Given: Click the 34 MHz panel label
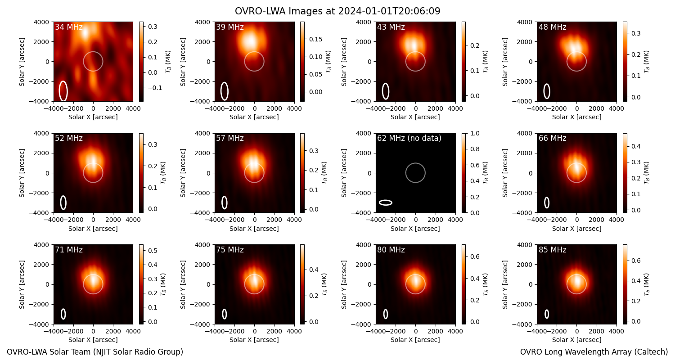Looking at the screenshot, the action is pos(69,27).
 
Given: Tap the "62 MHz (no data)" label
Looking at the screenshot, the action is pos(409,138).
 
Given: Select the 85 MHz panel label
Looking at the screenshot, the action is pos(552,250).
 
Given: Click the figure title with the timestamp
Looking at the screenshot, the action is pos(337,11).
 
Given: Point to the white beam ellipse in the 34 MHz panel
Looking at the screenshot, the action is pos(63,91).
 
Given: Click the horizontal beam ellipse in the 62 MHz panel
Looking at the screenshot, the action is pos(385,203).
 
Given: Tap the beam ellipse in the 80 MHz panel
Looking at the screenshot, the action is pos(385,314).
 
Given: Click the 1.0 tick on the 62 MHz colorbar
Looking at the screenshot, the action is pos(475,133).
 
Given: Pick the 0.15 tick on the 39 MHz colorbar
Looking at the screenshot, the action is pos(315,39).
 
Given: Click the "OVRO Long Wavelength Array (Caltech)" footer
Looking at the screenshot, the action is pos(594,352).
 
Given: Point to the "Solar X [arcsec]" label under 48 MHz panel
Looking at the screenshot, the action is pos(576,117).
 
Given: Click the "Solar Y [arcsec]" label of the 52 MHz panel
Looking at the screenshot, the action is pos(22,173).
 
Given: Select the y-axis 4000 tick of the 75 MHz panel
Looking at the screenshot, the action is pos(203,245).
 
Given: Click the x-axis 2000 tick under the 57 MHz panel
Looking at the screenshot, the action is pos(274,220).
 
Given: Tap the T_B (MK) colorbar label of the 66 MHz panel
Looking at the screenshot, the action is pos(646,173).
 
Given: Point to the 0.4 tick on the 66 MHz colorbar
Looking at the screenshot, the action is pos(636,146).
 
